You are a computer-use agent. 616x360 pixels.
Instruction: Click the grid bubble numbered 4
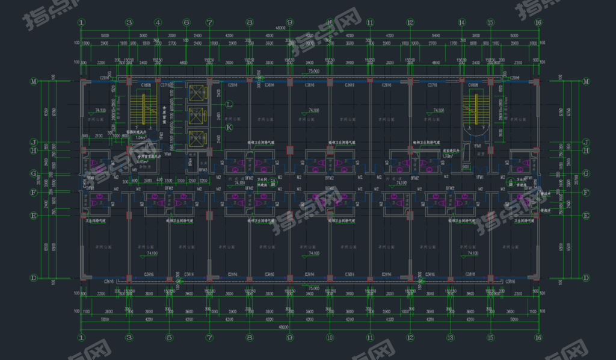click(x=158, y=23)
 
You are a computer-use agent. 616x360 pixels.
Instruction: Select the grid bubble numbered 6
click(x=186, y=23)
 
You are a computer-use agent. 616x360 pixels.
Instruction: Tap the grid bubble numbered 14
click(x=462, y=23)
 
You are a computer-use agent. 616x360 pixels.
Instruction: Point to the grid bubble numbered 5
click(x=169, y=338)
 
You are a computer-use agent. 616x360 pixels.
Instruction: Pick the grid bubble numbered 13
click(x=450, y=338)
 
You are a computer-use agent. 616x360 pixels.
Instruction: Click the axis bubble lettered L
click(x=229, y=104)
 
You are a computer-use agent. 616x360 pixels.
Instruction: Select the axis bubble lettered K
click(x=229, y=127)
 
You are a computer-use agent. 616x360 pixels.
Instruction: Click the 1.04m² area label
click(x=140, y=138)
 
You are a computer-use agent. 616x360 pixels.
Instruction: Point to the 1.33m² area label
click(x=448, y=155)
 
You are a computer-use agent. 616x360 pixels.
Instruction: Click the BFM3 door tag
click(x=203, y=170)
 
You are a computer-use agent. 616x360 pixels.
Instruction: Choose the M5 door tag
click(x=134, y=170)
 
